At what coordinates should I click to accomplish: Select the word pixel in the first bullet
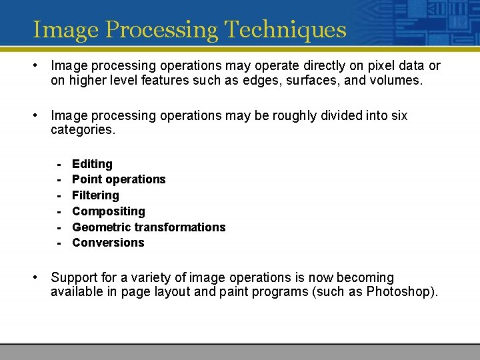coord(366,65)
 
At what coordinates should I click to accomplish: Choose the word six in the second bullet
coord(399,115)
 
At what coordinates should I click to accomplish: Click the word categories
coord(83,130)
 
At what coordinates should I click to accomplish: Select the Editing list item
coord(92,164)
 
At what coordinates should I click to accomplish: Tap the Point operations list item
coord(119,179)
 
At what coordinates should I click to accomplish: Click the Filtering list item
coord(95,195)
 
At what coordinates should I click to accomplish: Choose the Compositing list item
coord(108,211)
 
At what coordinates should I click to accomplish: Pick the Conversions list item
coord(108,243)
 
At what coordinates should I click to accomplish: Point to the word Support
coord(73,277)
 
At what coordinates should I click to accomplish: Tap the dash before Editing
coord(59,164)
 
